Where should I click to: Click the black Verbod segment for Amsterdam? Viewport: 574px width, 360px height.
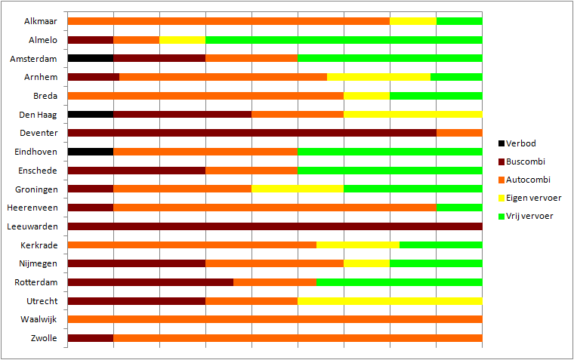coord(91,58)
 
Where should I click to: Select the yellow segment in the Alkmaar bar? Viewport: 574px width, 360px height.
coord(413,20)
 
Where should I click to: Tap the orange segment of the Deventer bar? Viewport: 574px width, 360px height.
coord(459,133)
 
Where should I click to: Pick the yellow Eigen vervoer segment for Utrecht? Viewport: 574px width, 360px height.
coord(390,301)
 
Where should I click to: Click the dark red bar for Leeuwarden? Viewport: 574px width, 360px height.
coord(275,226)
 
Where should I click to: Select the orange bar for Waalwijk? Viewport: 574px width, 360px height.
coord(275,319)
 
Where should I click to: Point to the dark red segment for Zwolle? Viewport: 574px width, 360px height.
coord(91,338)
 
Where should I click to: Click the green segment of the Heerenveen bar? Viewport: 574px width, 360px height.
coord(459,208)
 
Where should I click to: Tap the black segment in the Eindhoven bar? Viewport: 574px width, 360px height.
coord(91,152)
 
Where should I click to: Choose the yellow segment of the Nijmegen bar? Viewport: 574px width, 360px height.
coord(367,263)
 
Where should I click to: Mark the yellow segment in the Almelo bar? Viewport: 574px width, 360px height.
coord(183,39)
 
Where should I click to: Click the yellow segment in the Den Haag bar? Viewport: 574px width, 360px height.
coord(413,114)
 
